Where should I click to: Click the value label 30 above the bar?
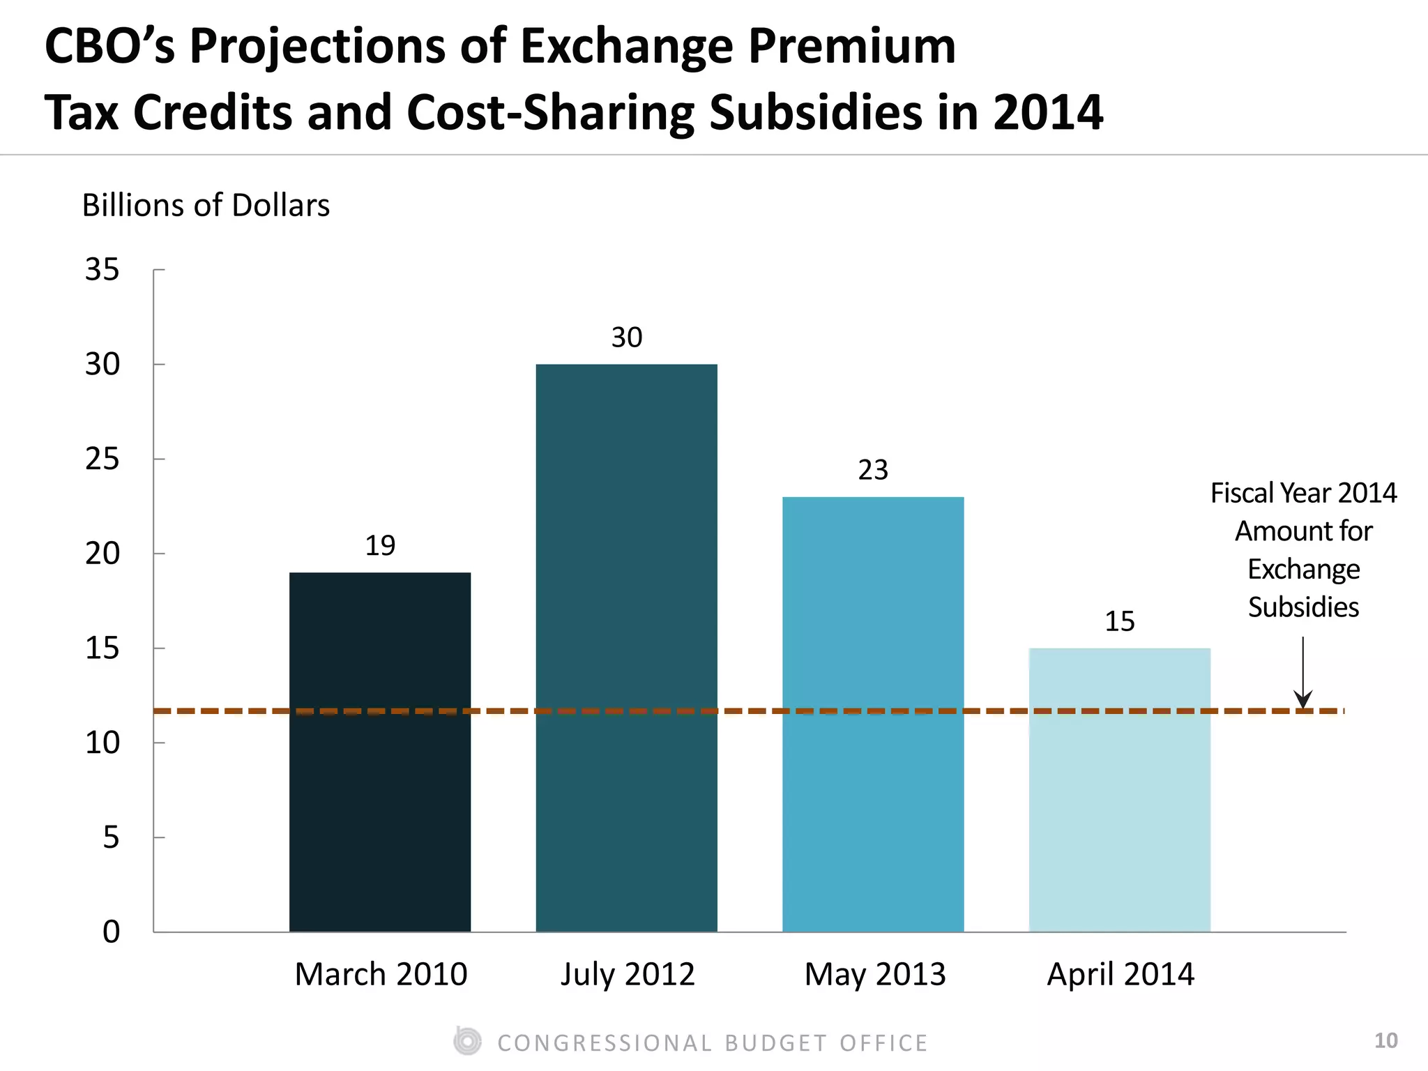coord(626,337)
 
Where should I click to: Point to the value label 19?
coord(380,545)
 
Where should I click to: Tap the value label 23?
coord(873,470)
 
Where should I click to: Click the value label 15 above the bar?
coord(1119,621)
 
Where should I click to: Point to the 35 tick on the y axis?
coord(102,270)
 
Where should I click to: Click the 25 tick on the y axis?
coord(102,459)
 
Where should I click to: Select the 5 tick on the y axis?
coord(111,837)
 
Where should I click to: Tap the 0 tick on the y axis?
coord(111,932)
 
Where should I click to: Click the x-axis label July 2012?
coord(628,974)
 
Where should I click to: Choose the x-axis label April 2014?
coord(1121,974)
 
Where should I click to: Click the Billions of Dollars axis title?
coord(206,206)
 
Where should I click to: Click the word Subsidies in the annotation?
coord(1303,607)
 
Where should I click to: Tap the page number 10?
coord(1385,1041)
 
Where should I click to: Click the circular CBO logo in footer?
coord(467,1042)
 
